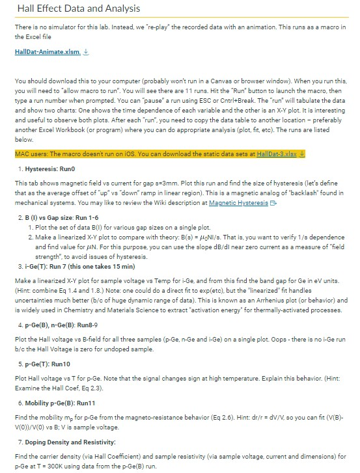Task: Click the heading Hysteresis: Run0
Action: click(50, 168)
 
